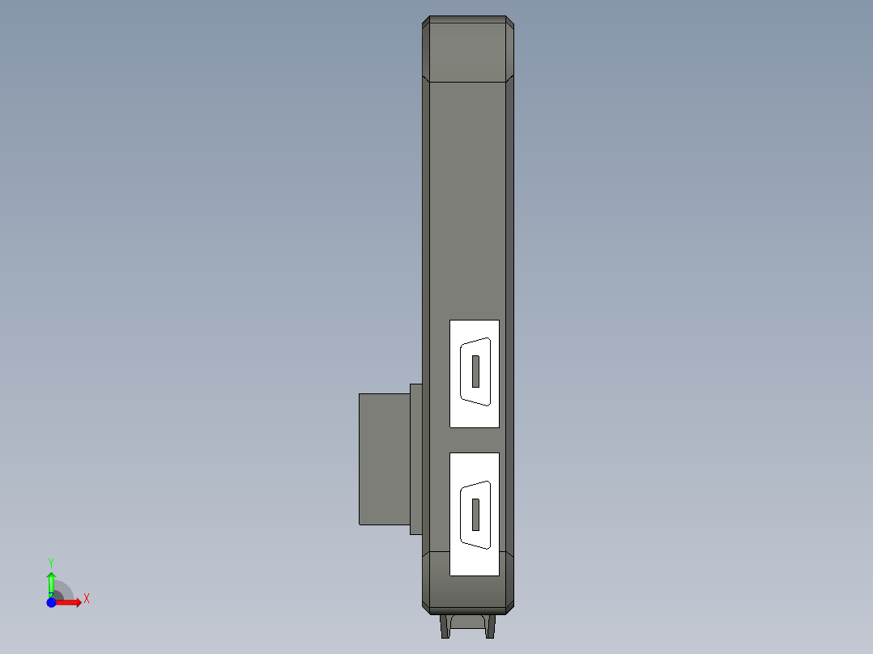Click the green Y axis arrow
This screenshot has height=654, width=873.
[51, 580]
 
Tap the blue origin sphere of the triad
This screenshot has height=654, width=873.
[51, 602]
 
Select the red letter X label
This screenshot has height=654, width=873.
[87, 599]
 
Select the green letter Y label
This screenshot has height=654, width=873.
[51, 562]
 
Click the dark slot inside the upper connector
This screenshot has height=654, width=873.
[475, 370]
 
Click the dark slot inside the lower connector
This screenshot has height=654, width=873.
[475, 514]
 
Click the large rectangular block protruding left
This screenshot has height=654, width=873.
[384, 458]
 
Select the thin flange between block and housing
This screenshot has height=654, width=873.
[416, 458]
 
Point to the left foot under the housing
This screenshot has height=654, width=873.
[445, 626]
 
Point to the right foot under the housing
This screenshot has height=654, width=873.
[490, 626]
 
